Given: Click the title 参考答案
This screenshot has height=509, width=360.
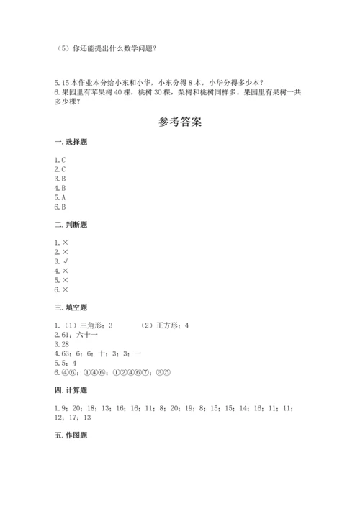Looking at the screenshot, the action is tap(179, 122).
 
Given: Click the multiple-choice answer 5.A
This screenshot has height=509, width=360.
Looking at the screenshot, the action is tap(60, 197).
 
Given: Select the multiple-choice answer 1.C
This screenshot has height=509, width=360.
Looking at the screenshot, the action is tap(60, 159).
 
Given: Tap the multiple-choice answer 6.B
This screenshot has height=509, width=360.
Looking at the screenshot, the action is tap(60, 206).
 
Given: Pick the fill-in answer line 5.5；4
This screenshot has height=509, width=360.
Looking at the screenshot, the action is tap(65, 363).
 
